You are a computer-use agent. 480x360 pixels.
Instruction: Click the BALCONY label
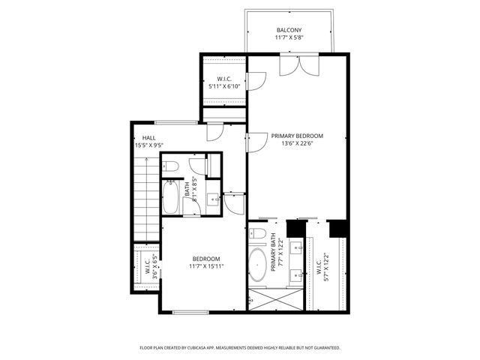(288, 31)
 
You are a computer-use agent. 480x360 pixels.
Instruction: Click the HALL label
(148, 139)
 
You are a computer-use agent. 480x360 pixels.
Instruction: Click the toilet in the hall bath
(170, 166)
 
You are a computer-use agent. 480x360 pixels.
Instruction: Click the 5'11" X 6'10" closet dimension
(223, 86)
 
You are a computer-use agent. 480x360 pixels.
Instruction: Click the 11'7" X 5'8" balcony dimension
(288, 37)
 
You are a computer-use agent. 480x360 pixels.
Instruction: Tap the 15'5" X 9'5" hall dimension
(148, 145)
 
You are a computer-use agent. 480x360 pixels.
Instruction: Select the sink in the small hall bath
(213, 199)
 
